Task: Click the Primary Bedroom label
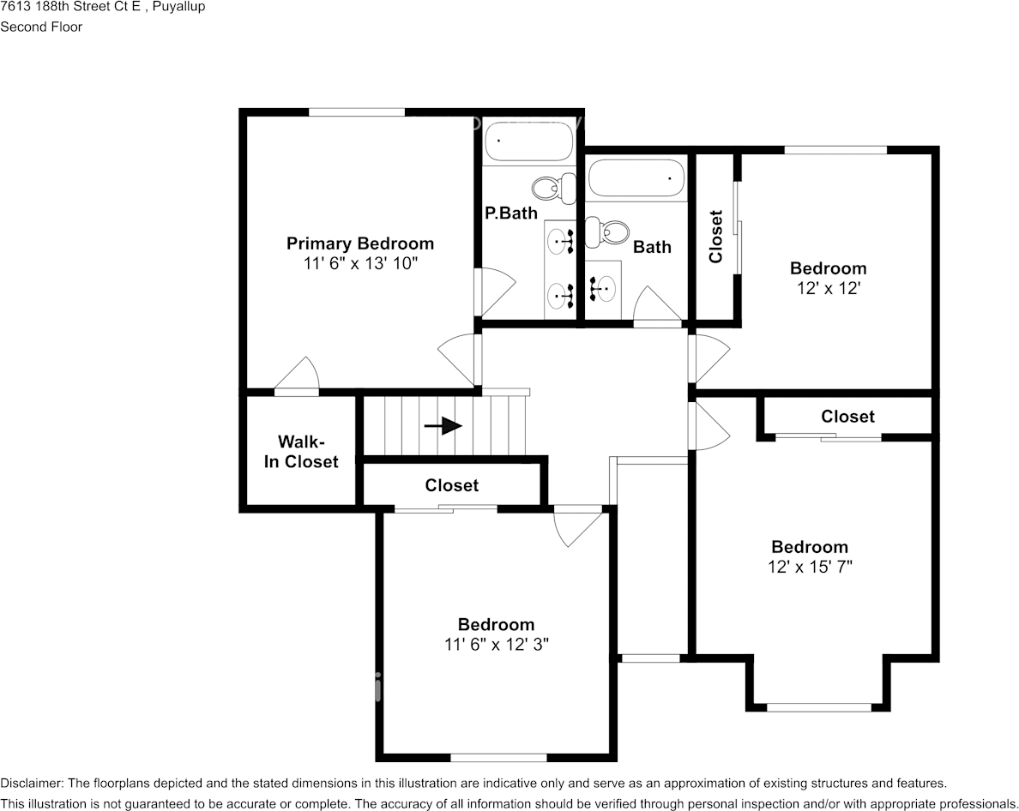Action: (x=359, y=243)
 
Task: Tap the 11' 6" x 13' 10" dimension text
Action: (x=359, y=264)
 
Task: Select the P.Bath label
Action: (x=510, y=213)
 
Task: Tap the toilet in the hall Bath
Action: (x=607, y=230)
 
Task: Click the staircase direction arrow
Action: (x=443, y=426)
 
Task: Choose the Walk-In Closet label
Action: (x=300, y=452)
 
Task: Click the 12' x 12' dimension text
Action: (x=828, y=289)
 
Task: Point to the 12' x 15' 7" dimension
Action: (x=810, y=567)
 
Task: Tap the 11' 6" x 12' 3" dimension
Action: (x=496, y=645)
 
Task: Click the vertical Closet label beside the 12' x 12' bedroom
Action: (x=716, y=237)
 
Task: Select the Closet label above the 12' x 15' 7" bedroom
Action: (x=847, y=417)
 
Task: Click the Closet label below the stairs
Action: (x=452, y=485)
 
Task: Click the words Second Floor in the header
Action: (x=41, y=27)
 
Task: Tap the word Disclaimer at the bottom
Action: (x=31, y=783)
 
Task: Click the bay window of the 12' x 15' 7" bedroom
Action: (x=818, y=707)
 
